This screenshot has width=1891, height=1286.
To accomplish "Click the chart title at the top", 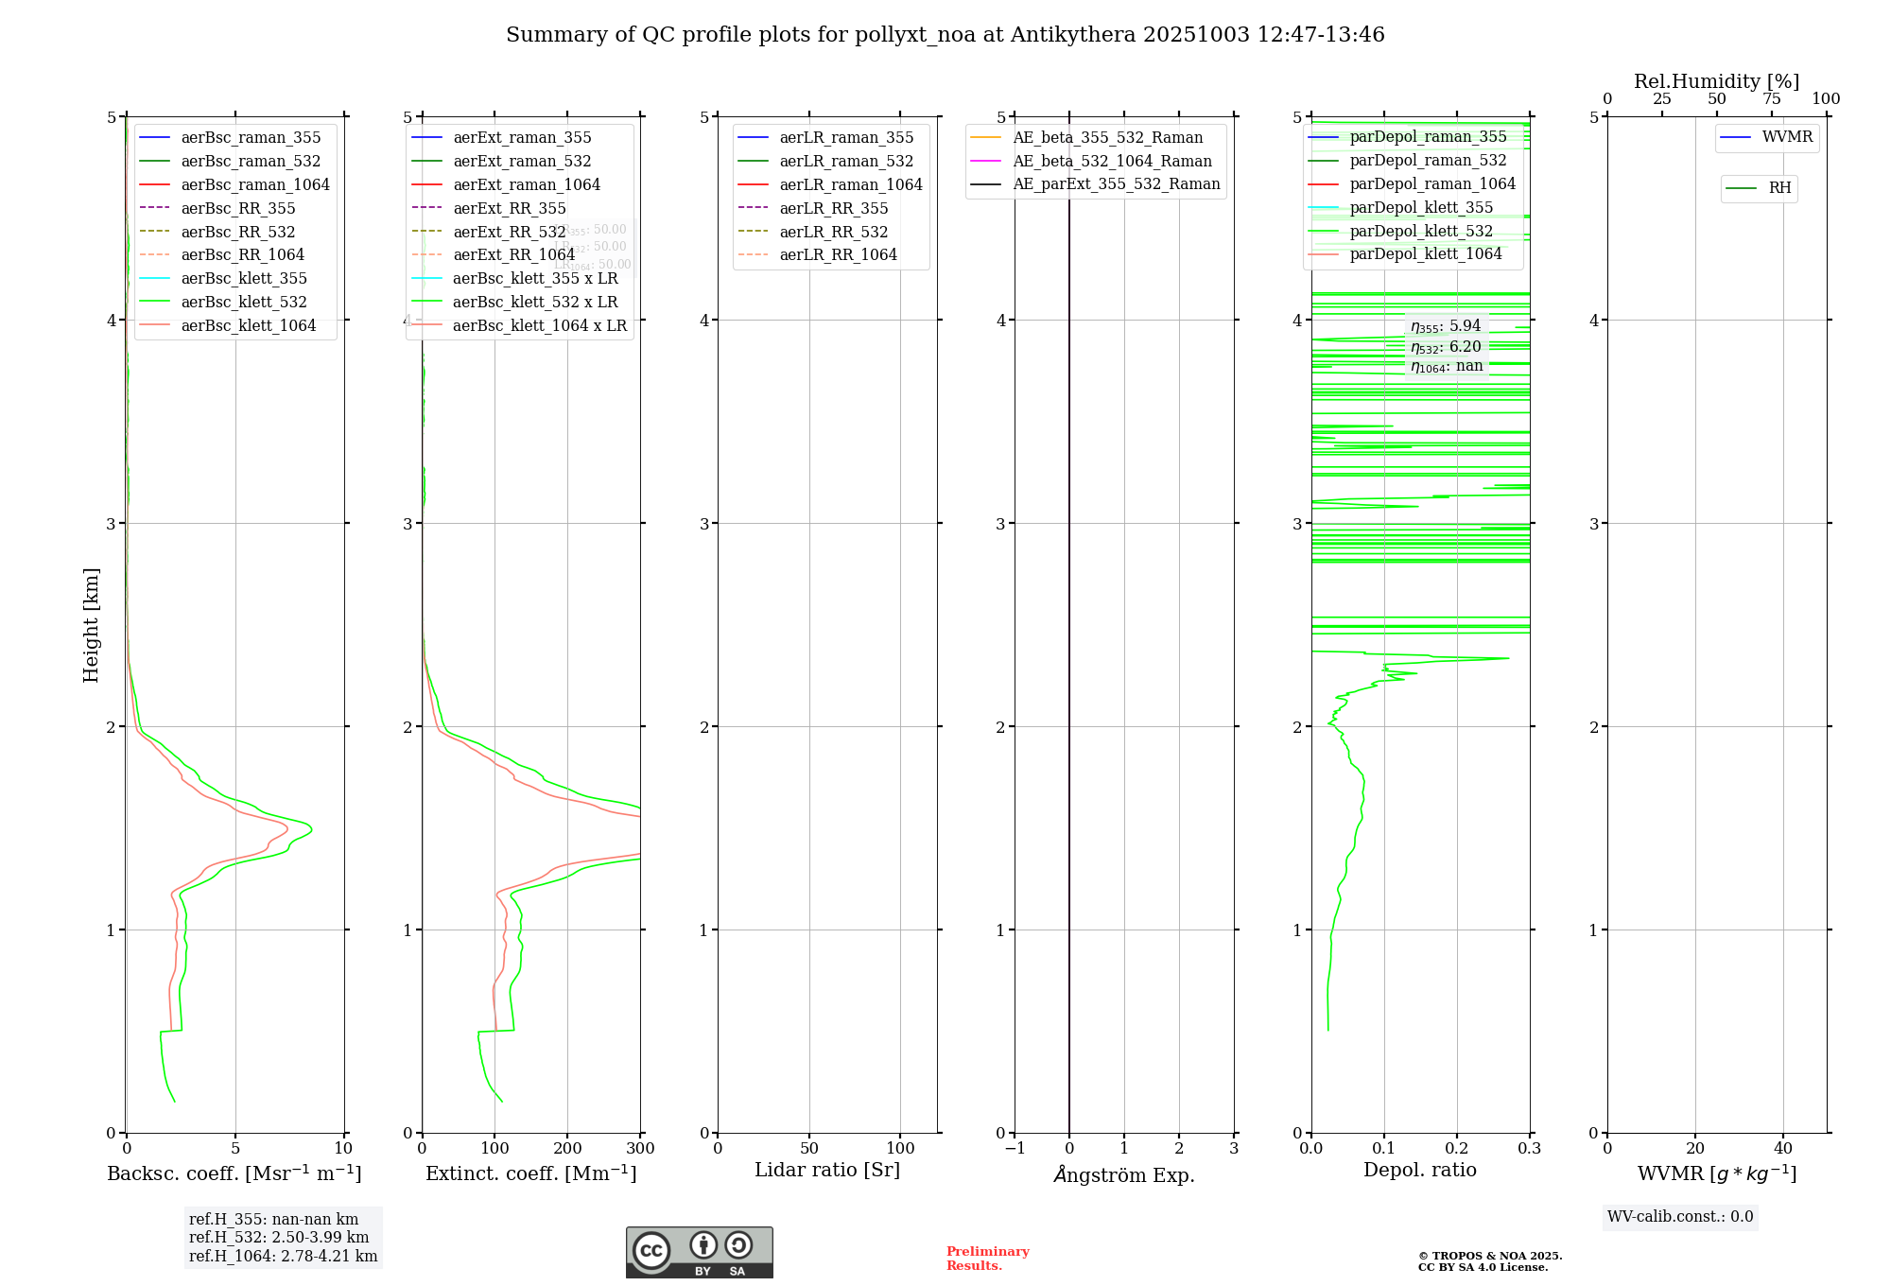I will [x=945, y=35].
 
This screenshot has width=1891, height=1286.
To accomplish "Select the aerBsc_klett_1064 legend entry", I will [x=248, y=325].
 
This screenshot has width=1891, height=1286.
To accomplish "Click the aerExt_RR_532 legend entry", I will [x=509, y=232].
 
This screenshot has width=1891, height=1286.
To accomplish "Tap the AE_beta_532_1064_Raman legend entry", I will [x=1112, y=161].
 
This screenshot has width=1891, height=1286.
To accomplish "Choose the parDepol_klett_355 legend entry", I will [x=1421, y=207].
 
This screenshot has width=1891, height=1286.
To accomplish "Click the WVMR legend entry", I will [x=1786, y=137].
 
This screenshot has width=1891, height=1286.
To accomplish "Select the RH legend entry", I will [x=1778, y=188].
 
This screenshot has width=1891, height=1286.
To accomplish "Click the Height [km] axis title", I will [x=91, y=624].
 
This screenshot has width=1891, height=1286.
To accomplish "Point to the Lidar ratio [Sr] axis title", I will [x=826, y=1170].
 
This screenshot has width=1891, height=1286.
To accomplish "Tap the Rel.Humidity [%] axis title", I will [x=1716, y=81].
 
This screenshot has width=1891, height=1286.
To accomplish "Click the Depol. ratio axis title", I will [x=1419, y=1170].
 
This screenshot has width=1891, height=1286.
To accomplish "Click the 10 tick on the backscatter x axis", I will [x=343, y=1148].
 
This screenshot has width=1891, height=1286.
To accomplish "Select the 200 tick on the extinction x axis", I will [x=567, y=1148].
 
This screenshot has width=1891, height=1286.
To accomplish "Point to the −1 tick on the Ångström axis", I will [x=1015, y=1148].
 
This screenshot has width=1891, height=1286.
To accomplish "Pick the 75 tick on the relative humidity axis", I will [x=1771, y=99].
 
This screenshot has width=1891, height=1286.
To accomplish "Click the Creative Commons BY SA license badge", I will [x=699, y=1252].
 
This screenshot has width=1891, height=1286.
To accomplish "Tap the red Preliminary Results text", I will [x=987, y=1259].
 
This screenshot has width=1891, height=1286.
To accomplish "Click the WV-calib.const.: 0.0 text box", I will [x=1679, y=1217].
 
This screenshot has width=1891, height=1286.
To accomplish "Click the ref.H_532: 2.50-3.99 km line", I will [x=279, y=1238].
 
